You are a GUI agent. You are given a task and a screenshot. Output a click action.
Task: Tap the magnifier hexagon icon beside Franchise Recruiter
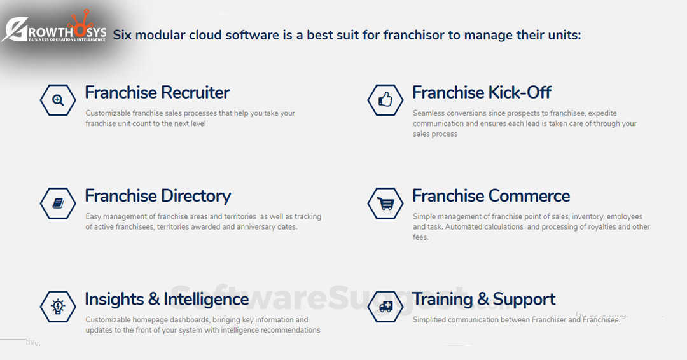[58, 100]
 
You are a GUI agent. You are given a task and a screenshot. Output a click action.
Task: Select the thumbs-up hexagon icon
[385, 100]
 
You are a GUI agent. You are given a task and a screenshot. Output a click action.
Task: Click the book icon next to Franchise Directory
[58, 204]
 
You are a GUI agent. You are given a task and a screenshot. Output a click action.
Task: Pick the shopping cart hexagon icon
[385, 204]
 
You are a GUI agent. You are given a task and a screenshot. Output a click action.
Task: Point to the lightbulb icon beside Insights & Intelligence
[58, 307]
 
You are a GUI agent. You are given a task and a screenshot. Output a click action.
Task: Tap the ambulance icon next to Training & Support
[385, 307]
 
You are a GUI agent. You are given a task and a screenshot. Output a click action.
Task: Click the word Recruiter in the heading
[195, 92]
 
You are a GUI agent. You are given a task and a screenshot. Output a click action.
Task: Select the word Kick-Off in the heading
[520, 92]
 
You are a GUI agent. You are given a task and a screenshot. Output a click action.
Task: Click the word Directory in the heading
[195, 196]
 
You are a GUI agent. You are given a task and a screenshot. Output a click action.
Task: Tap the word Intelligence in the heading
[206, 300]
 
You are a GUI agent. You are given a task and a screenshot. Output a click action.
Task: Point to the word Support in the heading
[524, 300]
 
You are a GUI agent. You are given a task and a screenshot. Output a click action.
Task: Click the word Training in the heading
[443, 300]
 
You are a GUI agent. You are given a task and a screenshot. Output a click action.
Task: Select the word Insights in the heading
[114, 299]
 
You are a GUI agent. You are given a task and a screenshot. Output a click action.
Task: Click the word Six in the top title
[122, 35]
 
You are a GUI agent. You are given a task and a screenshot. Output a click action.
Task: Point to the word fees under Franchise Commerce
[420, 237]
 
